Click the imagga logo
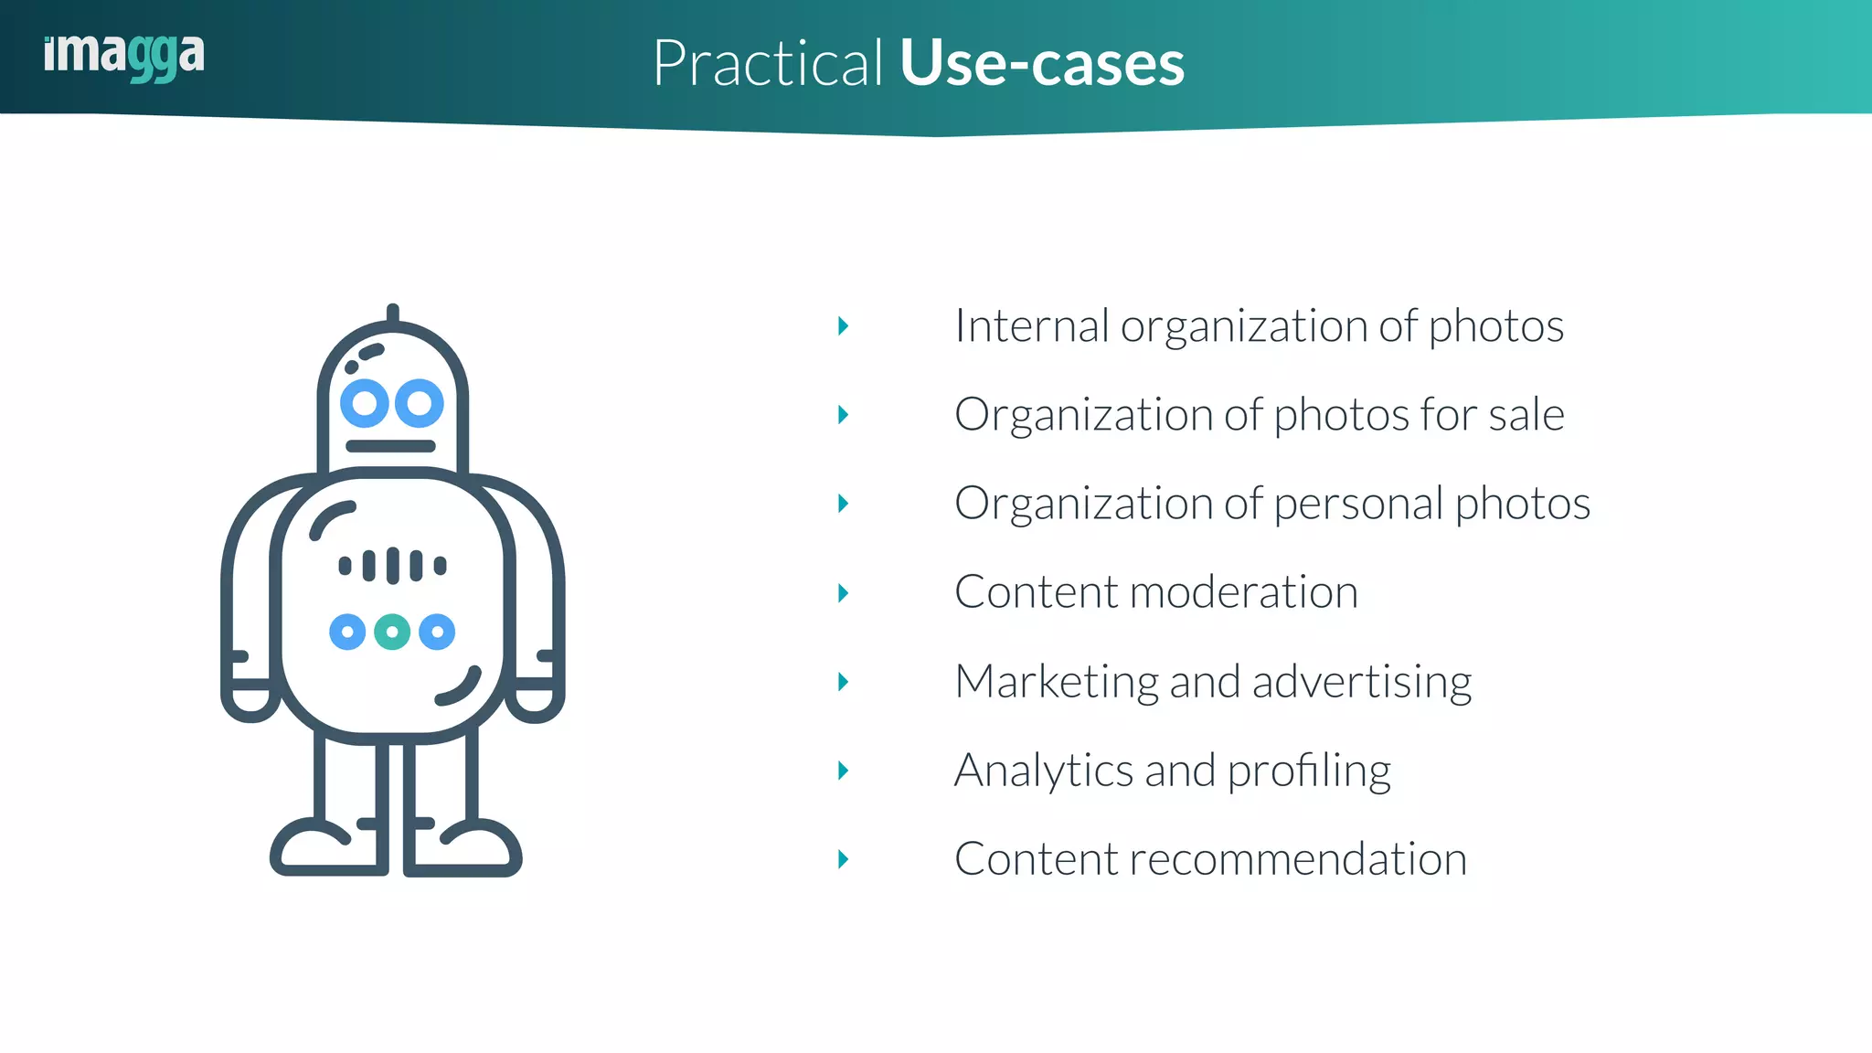124,57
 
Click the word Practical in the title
768,64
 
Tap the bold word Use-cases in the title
1042,64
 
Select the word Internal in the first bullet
1032,326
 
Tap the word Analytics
1044,771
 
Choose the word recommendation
1298,859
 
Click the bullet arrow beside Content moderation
843,593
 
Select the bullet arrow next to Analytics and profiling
843,771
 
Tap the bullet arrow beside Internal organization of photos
843,326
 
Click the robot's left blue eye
365,403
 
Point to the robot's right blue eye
420,403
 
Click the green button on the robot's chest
392,632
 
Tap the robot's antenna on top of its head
393,313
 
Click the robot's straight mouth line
391,446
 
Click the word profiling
1309,771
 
